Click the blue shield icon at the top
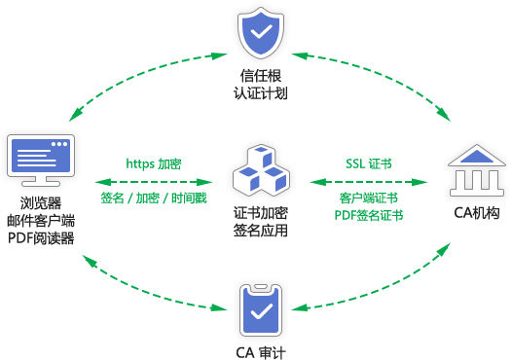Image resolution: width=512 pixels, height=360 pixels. click(260, 33)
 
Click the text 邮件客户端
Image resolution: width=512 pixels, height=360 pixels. click(41, 220)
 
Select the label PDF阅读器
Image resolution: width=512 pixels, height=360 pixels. click(41, 237)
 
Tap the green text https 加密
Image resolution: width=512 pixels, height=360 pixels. click(154, 163)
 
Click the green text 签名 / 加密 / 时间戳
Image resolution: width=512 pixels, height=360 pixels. click(154, 198)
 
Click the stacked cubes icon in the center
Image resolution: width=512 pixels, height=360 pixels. click(260, 168)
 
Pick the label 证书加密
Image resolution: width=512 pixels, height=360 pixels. click(260, 212)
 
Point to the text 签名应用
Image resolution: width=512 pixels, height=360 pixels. click(260, 231)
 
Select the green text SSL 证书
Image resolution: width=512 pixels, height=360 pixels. click(369, 163)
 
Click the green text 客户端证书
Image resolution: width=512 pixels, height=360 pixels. click(369, 198)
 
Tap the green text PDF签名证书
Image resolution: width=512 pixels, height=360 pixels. click(369, 215)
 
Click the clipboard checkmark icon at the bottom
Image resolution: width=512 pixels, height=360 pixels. click(260, 306)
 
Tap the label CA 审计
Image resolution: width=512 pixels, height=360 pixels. click(260, 350)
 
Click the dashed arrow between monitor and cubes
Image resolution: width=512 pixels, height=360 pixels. click(154, 181)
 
